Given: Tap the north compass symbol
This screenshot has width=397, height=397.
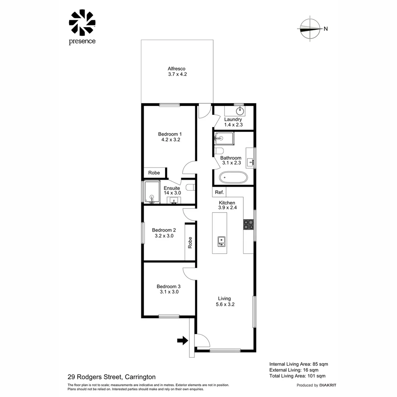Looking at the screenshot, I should tap(310, 29).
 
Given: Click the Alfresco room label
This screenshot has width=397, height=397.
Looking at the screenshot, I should tap(176, 69).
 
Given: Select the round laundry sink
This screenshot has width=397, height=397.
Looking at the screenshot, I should tap(240, 110).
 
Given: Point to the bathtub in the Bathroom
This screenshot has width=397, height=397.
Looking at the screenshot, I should tap(233, 178).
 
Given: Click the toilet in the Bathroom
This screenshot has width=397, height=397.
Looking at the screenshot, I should tap(219, 151).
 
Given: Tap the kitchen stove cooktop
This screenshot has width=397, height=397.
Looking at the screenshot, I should tap(248, 224).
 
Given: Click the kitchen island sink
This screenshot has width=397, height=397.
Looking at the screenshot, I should tap(221, 241).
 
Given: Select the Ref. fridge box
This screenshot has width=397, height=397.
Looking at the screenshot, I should tap(219, 192).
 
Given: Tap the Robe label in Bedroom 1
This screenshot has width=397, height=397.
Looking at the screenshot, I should tap(154, 173).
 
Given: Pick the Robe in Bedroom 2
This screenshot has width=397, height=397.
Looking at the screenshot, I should tap(190, 242).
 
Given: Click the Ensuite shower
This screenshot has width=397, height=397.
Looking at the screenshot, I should tap(152, 192).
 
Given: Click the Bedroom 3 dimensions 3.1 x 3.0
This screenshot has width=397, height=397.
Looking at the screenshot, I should tap(169, 292).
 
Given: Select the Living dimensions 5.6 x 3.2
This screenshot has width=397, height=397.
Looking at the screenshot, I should tap(225, 304).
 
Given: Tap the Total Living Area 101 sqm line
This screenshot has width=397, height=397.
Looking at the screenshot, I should tap(297, 376).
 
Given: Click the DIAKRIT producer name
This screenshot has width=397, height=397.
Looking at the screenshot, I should tap(328, 385).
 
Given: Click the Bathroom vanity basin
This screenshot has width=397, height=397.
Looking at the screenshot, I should tap(250, 161).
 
